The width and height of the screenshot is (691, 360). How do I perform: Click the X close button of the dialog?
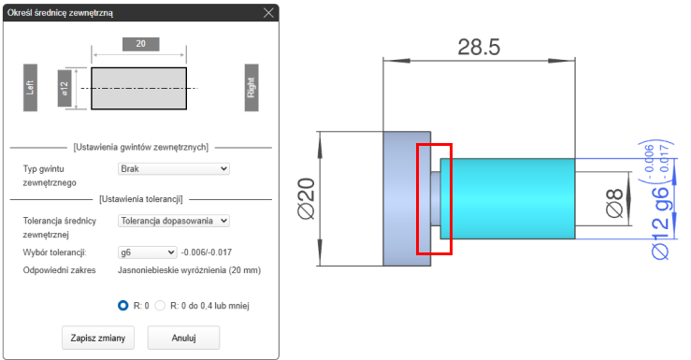[268, 13]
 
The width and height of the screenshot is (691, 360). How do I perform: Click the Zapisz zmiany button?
[98, 338]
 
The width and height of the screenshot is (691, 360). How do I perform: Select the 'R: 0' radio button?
[122, 306]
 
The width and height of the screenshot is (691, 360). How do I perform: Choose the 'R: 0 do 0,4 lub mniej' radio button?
[160, 306]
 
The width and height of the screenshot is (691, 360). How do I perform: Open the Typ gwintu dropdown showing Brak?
[174, 168]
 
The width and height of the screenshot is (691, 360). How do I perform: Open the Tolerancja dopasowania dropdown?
[174, 221]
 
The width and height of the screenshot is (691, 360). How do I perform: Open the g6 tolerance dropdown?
[147, 252]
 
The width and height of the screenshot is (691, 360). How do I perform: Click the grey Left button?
[30, 87]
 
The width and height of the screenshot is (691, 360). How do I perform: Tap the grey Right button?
[252, 87]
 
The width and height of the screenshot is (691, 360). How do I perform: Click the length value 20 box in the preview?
[140, 44]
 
